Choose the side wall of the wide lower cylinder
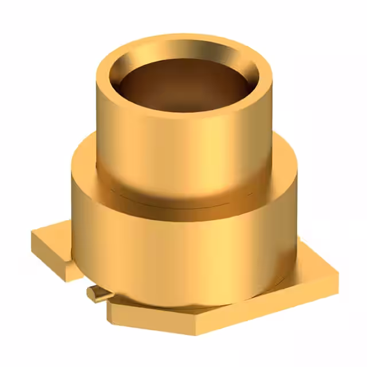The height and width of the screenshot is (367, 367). (x=183, y=252)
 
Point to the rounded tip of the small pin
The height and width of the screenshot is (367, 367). (x=90, y=292)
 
